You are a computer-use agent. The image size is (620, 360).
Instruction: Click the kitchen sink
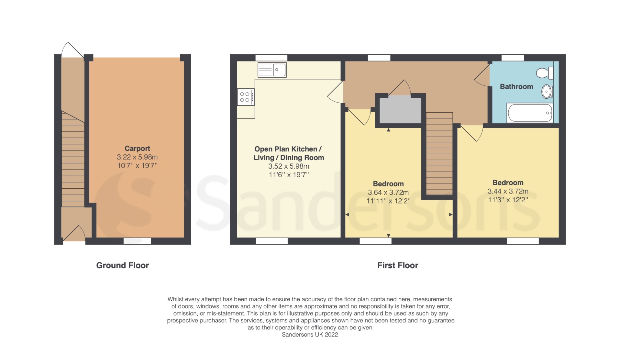tap(272, 70)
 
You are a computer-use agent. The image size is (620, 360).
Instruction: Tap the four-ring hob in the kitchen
tap(246, 97)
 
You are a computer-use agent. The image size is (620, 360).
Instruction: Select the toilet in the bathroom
tap(545, 73)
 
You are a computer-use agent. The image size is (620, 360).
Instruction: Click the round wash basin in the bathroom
tap(547, 91)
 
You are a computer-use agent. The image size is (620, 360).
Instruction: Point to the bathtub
tap(530, 113)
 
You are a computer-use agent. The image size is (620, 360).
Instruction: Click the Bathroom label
tap(516, 87)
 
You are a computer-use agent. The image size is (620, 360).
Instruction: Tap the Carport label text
tap(137, 148)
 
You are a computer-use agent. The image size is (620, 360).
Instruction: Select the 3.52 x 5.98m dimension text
tap(289, 166)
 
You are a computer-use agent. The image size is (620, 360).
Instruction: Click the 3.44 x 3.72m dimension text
tap(508, 191)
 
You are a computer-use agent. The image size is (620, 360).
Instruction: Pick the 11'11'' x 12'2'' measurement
tap(388, 201)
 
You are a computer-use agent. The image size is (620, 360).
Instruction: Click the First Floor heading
tap(397, 266)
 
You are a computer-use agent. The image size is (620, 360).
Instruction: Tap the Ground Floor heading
tap(122, 266)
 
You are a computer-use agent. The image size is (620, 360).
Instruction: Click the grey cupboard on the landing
tap(400, 110)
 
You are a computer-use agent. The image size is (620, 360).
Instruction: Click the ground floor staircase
tap(73, 160)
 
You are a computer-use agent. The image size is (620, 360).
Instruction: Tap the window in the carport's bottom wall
tap(137, 241)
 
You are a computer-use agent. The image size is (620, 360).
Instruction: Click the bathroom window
tap(513, 58)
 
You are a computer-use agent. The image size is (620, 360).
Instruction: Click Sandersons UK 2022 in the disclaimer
tap(310, 335)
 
